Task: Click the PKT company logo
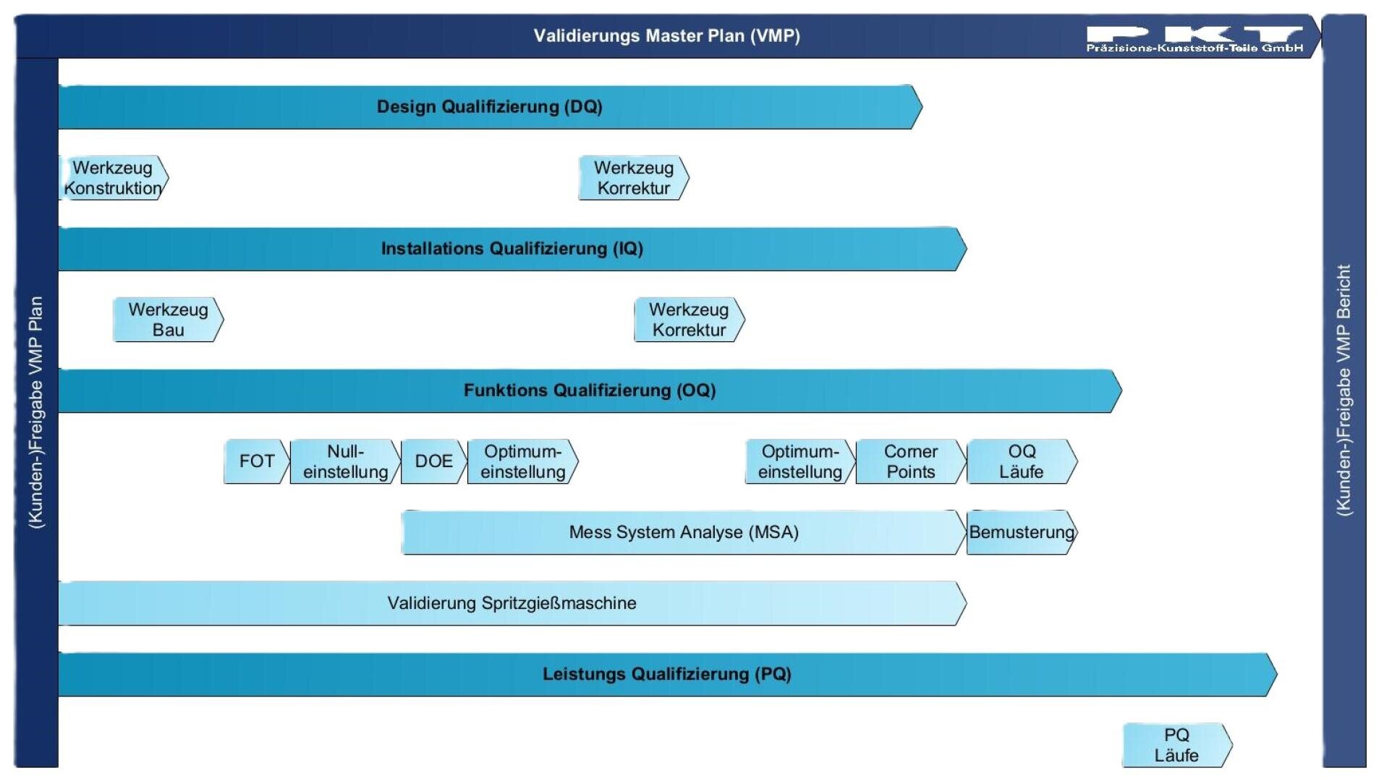(1194, 38)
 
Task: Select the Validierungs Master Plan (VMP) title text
(666, 36)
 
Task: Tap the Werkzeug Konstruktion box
(113, 178)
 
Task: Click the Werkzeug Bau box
(168, 320)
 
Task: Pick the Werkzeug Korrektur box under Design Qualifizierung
(633, 178)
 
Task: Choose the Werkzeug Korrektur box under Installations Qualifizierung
(689, 320)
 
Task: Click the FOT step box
(256, 461)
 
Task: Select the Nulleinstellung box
(345, 461)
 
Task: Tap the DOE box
(433, 461)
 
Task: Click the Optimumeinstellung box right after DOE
(522, 461)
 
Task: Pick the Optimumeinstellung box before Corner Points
(799, 461)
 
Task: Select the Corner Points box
(910, 461)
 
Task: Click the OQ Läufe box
(1021, 461)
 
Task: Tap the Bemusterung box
(1021, 532)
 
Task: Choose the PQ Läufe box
(1176, 745)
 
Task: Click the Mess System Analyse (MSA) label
(683, 532)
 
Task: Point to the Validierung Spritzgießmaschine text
(512, 603)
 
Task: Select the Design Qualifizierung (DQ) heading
(489, 107)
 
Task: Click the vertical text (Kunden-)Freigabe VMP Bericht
(1344, 390)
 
